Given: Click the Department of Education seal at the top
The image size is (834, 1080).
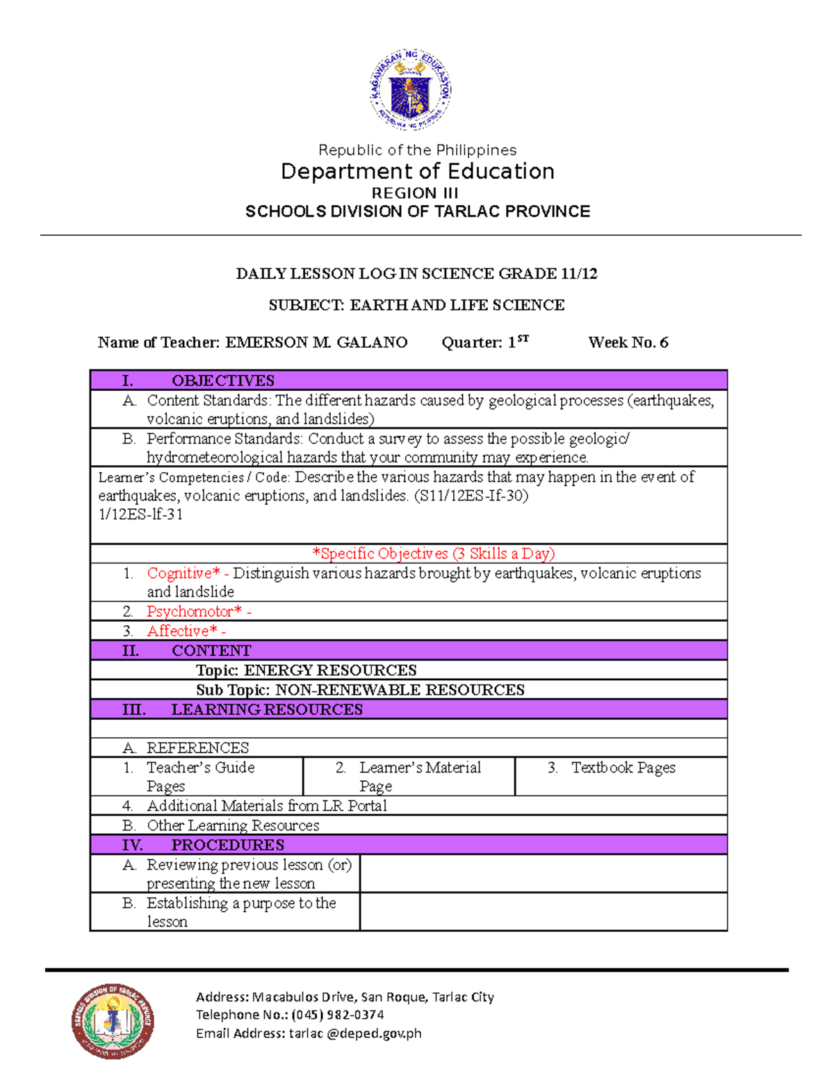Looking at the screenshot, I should click(411, 90).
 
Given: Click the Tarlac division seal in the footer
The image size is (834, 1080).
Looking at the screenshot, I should click(113, 1021).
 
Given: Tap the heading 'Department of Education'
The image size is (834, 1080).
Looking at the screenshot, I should click(417, 171).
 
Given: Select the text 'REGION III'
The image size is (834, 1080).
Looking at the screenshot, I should click(414, 193).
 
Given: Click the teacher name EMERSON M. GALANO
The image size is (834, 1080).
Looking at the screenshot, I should click(316, 342).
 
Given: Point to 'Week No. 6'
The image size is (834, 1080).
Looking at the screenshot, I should click(628, 342).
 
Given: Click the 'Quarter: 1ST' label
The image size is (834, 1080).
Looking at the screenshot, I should click(484, 342).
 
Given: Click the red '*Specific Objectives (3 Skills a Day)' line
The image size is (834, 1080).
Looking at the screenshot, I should click(434, 554).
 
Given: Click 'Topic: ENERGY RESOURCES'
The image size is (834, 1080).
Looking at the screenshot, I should click(306, 670).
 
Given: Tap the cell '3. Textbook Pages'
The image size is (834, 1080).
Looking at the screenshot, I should click(622, 768).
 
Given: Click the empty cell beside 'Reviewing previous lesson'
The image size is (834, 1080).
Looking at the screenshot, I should click(543, 873).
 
